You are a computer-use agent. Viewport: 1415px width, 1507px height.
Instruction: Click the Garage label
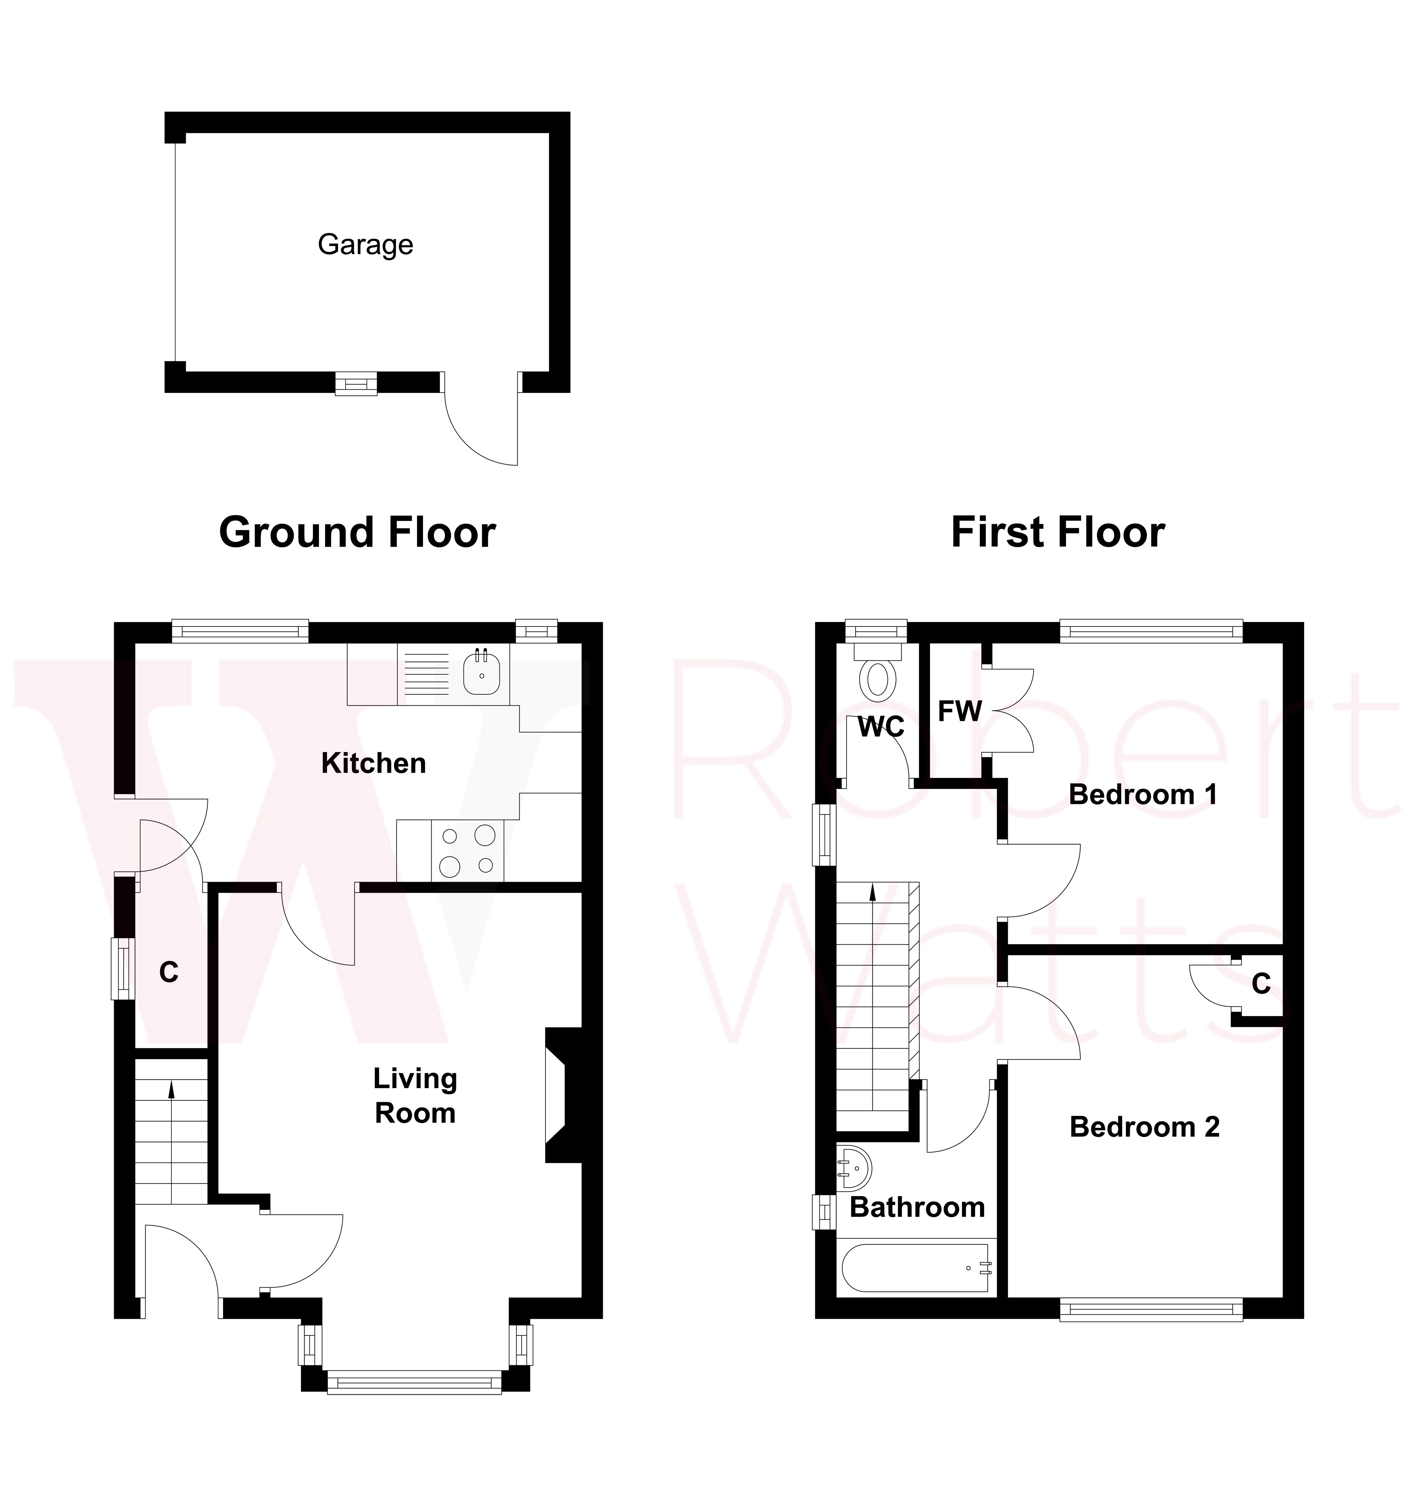[365, 245]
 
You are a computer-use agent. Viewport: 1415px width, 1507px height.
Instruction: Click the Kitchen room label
[374, 763]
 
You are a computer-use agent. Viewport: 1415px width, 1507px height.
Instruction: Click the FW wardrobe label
[960, 711]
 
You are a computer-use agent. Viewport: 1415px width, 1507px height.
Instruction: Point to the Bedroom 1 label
[1143, 794]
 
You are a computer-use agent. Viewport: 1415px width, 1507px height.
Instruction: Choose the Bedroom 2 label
[1144, 1127]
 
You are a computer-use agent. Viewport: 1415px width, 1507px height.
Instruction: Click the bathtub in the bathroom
[916, 1267]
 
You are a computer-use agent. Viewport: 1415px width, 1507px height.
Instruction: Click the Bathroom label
[917, 1207]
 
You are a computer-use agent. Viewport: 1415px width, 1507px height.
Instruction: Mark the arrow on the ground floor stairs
[171, 1090]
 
